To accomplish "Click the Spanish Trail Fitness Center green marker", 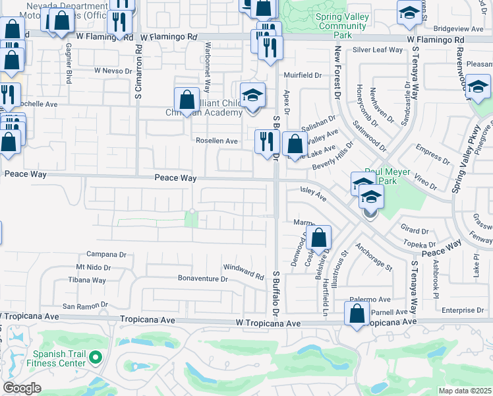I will coord(96,358).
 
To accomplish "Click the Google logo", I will coord(22,388).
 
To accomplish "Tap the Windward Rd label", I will coord(243,271).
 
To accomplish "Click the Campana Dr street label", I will coord(106,254).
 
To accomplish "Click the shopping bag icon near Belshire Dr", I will coord(318,239).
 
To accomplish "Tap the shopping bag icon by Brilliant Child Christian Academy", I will coord(187,101).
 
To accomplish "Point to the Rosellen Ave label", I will coord(217,141).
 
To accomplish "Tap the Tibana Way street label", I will coord(87,280).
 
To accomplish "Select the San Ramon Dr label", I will coord(84,306).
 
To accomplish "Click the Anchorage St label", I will coord(374,258).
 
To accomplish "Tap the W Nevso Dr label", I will coord(115,70).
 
